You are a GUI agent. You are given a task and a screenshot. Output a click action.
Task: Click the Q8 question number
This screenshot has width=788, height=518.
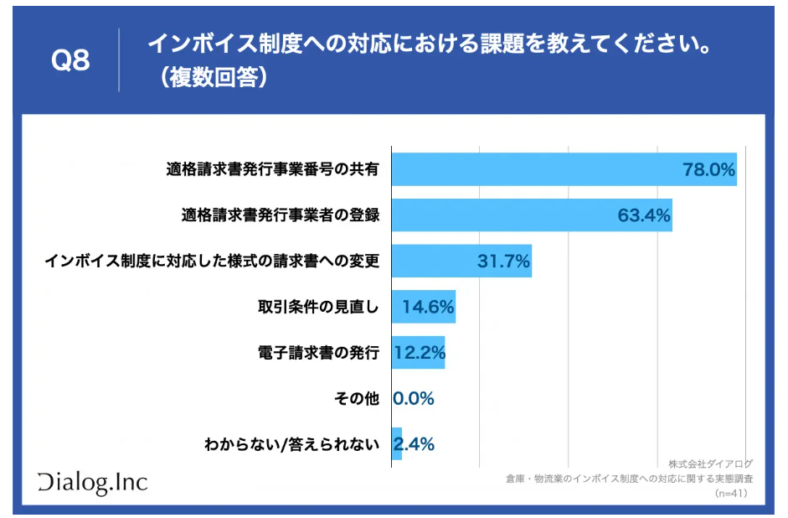[70, 60]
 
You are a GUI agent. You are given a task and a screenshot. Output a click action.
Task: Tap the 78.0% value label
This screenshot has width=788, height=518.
[708, 169]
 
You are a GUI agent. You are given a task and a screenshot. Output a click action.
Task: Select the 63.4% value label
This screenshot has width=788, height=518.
[644, 215]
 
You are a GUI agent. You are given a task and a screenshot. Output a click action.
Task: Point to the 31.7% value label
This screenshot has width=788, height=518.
[503, 262]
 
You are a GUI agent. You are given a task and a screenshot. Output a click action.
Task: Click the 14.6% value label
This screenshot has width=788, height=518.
[428, 307]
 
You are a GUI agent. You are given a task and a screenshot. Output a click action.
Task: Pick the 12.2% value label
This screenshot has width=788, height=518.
[419, 353]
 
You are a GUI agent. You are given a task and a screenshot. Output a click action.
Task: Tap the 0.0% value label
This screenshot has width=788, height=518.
[414, 399]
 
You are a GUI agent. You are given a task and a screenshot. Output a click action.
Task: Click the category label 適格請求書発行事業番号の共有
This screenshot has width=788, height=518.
[272, 169]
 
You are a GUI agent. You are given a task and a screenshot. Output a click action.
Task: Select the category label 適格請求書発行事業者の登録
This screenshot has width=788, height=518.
[281, 215]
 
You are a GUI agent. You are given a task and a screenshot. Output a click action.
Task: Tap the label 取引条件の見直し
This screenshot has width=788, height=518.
[318, 307]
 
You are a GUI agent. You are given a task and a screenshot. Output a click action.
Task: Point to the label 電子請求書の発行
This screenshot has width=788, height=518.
[318, 353]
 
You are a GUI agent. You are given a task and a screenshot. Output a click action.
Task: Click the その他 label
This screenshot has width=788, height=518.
[358, 399]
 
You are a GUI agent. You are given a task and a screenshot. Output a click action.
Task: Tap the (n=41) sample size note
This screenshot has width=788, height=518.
[731, 494]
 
